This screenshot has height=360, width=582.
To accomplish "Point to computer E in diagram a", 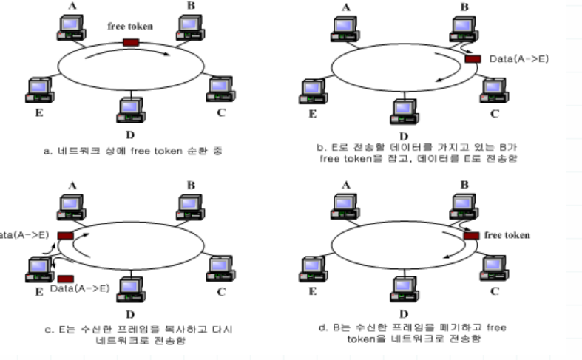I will click(38, 88).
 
